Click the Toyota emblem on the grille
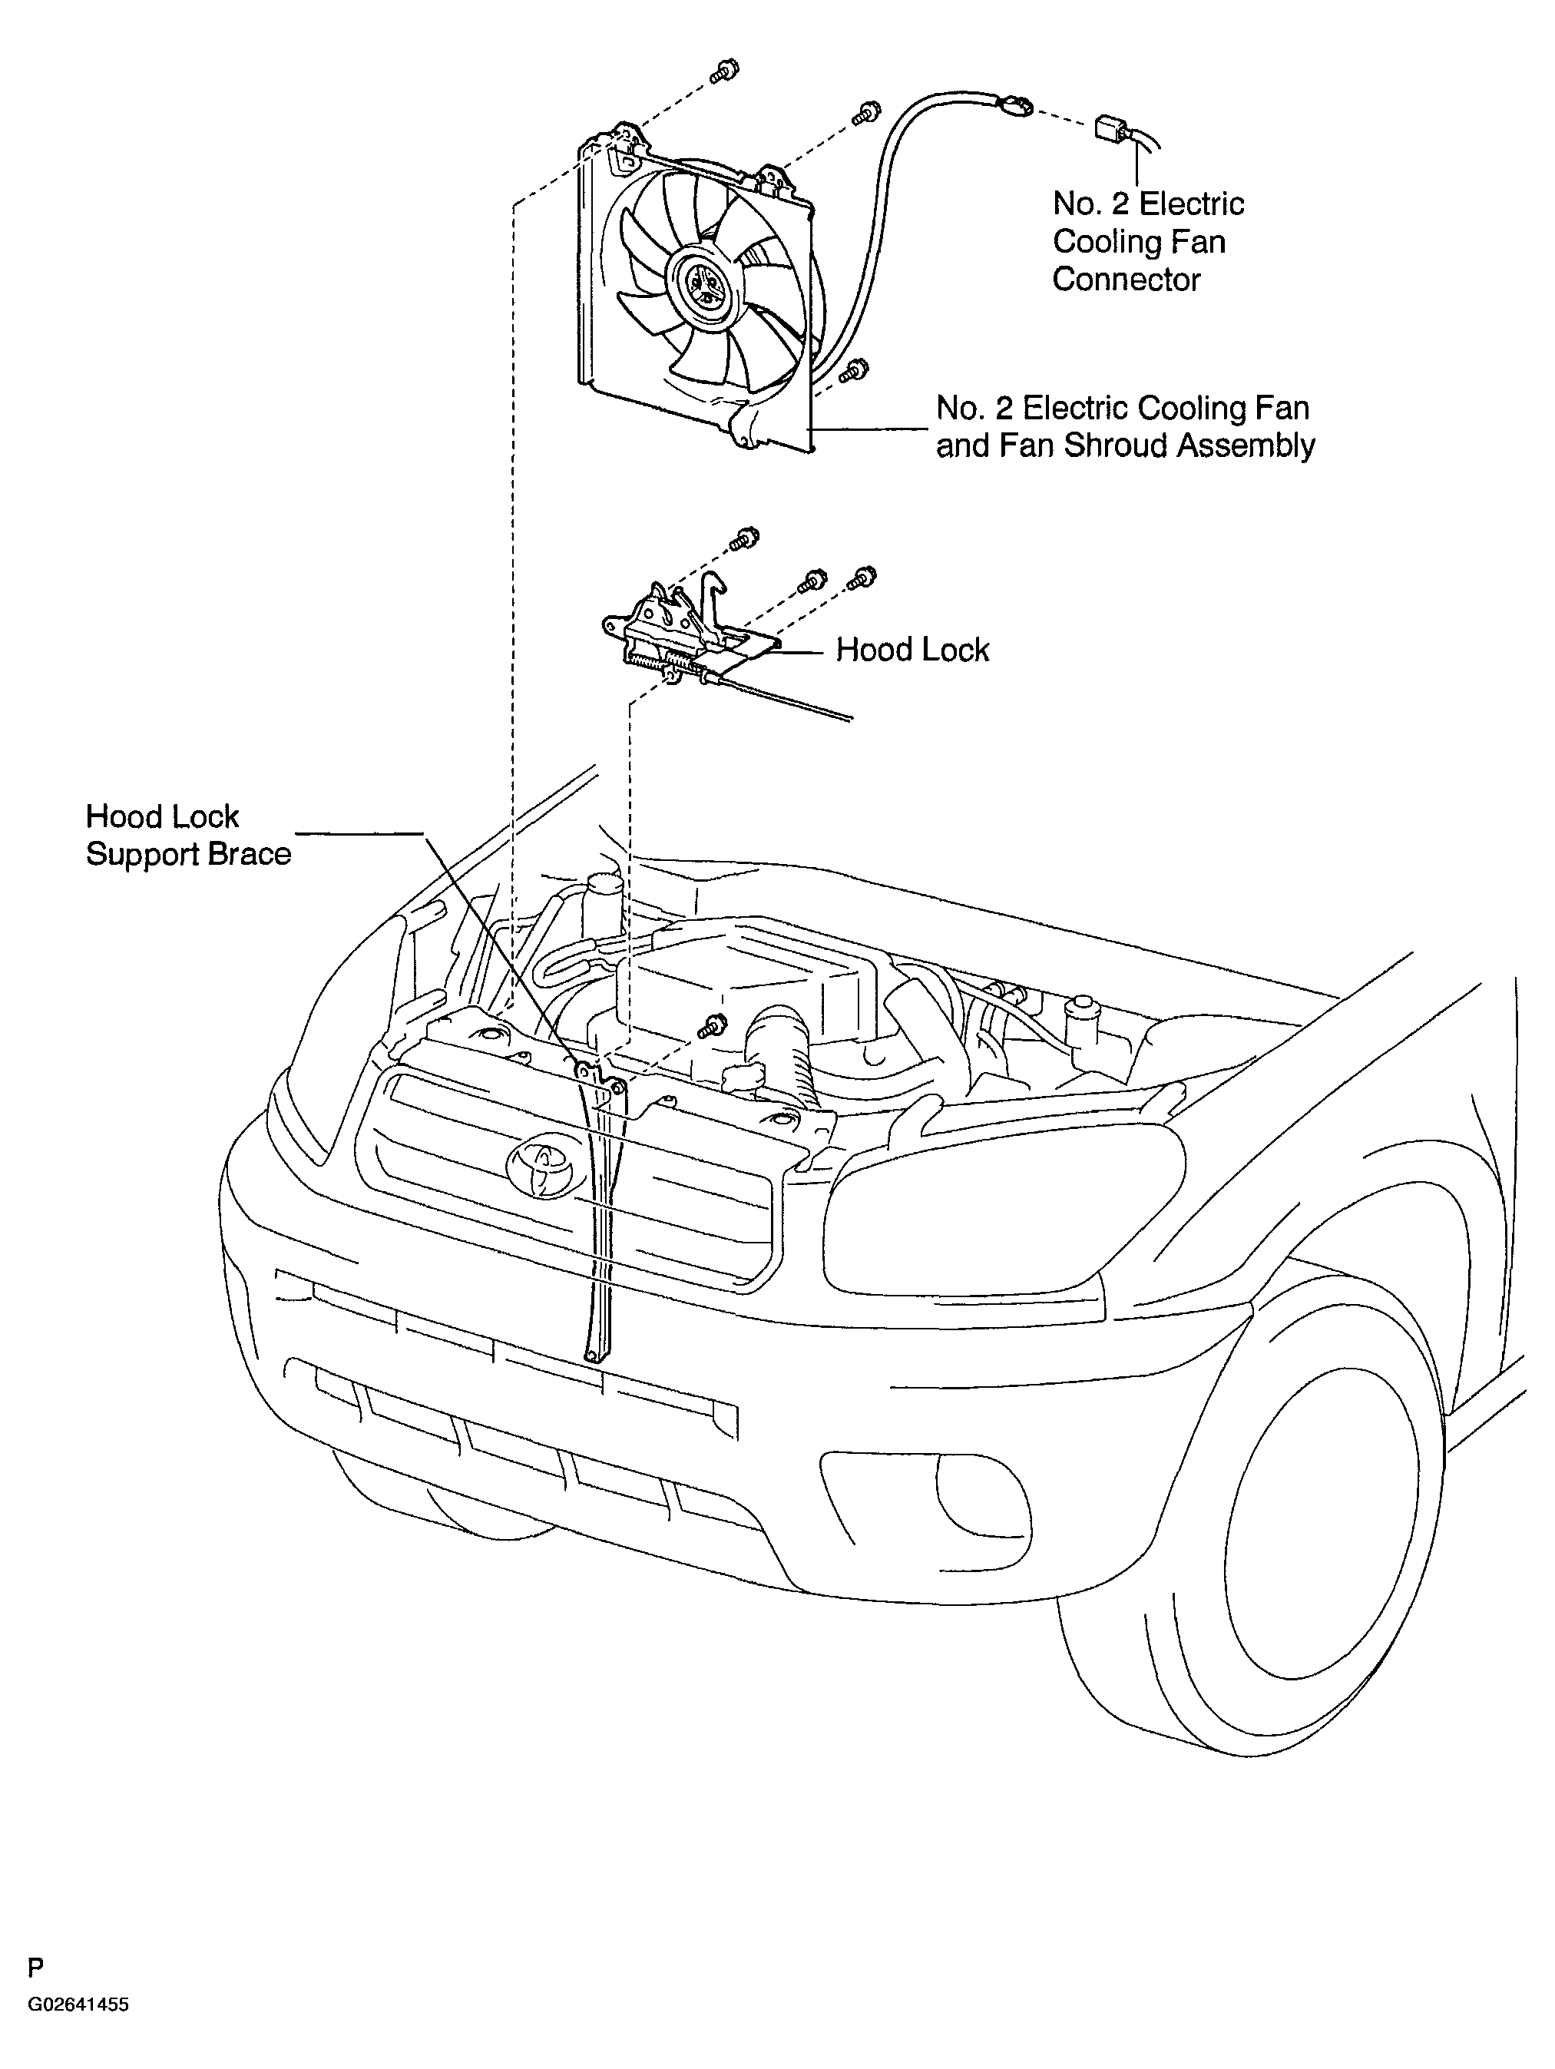tap(541, 1168)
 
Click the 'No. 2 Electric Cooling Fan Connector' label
tap(1148, 241)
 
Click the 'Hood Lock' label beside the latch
tap(911, 650)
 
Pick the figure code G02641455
tap(78, 2004)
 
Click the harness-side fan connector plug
tap(1113, 128)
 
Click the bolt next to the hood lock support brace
tap(713, 1025)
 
